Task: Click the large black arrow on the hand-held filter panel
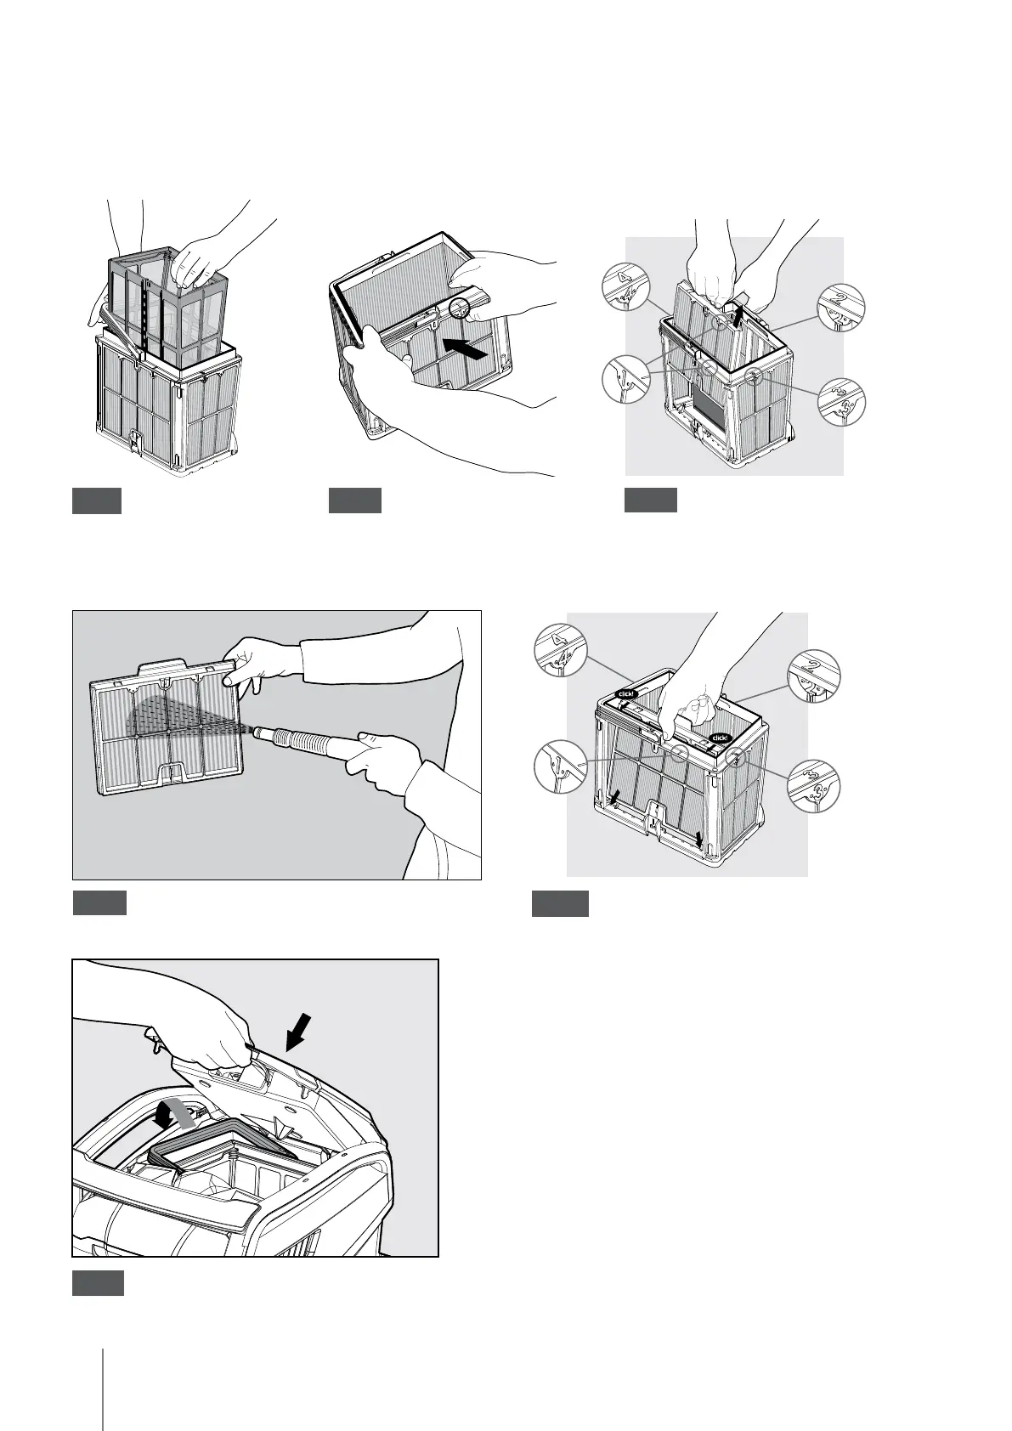click(466, 348)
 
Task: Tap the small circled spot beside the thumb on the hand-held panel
click(460, 306)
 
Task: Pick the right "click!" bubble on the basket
click(721, 738)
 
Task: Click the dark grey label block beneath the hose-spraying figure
click(99, 902)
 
